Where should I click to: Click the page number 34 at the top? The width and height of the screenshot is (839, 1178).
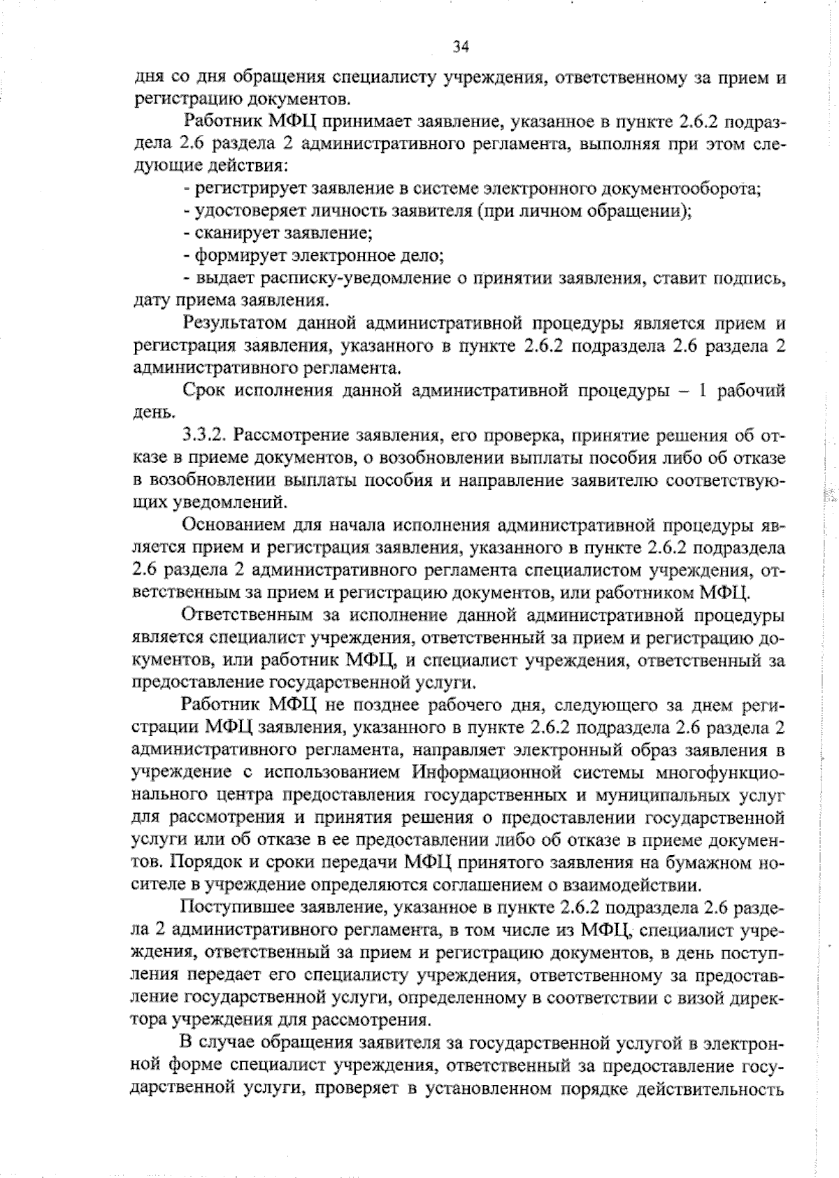pyautogui.click(x=460, y=47)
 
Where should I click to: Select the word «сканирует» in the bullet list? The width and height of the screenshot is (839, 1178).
pyautogui.click(x=238, y=233)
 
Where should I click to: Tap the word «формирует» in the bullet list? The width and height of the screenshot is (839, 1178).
pyautogui.click(x=239, y=255)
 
